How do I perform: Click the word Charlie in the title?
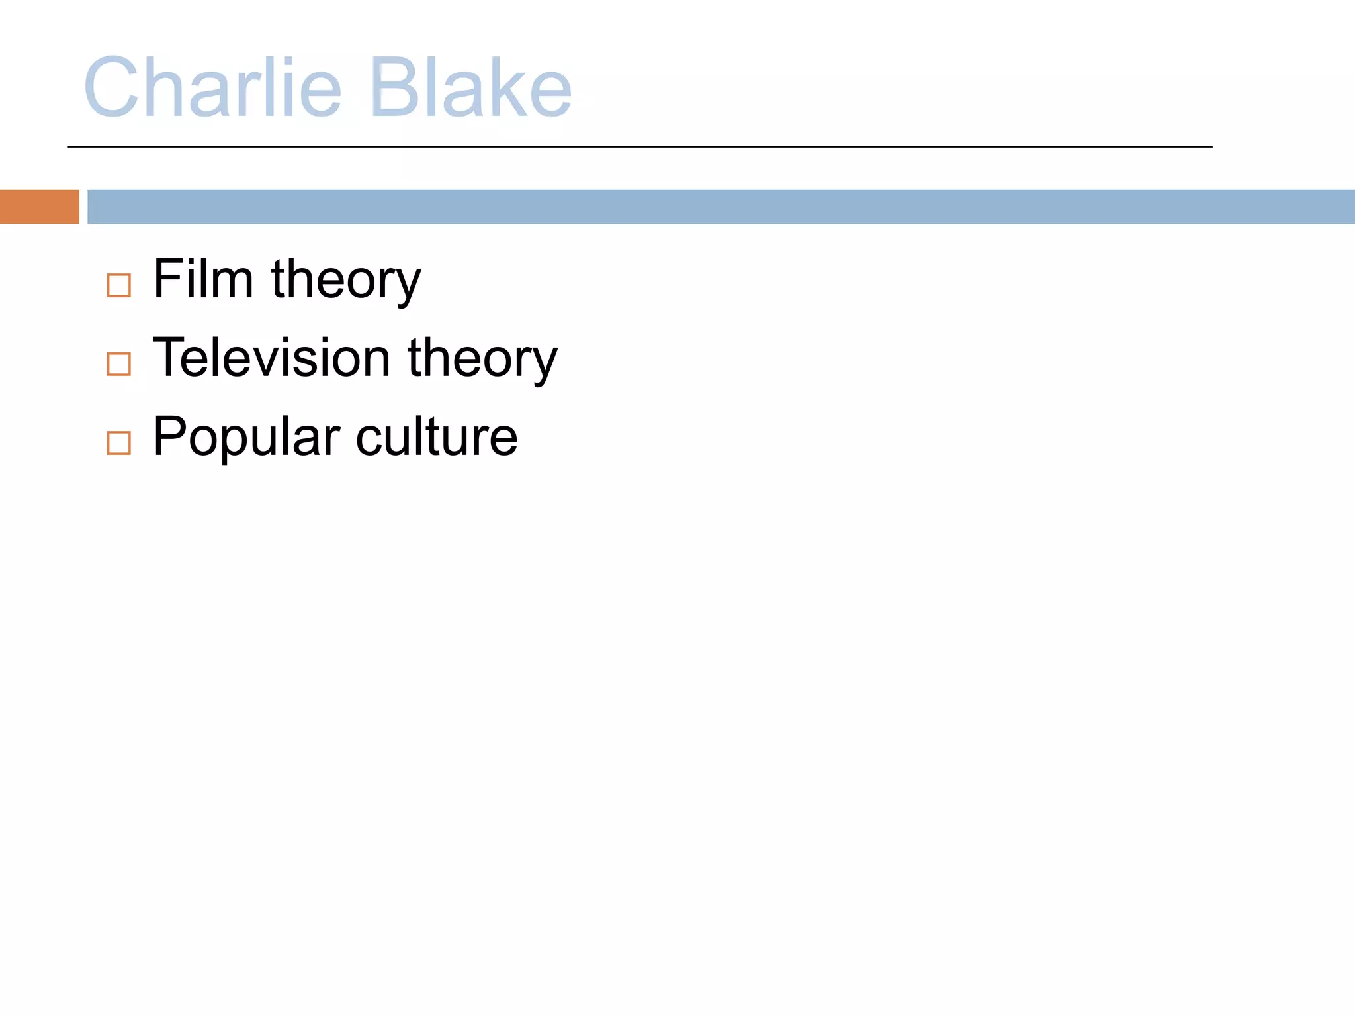click(x=212, y=87)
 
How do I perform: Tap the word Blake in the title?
click(x=471, y=87)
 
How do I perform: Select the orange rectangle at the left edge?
click(x=39, y=207)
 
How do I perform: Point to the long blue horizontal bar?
click(x=721, y=207)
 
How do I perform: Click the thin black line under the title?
click(x=640, y=147)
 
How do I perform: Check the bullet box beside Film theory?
click(x=119, y=285)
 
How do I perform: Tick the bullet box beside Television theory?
click(x=119, y=363)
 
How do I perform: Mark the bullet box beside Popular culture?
click(x=119, y=442)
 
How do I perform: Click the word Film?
click(x=203, y=279)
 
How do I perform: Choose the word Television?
click(x=271, y=358)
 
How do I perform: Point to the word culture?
click(x=437, y=437)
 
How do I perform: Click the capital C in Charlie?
click(x=110, y=87)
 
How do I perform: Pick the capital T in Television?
click(x=169, y=358)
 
